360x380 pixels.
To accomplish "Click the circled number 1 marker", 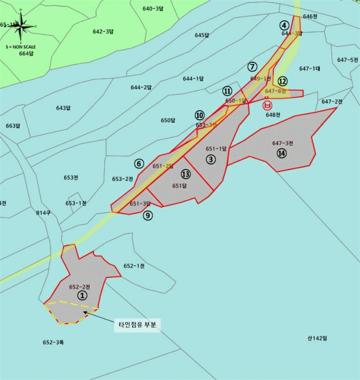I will coord(82,295).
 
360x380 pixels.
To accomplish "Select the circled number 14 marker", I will coord(281,154).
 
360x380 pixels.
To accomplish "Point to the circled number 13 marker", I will coord(186,174).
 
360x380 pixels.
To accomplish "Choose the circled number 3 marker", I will coord(211,159).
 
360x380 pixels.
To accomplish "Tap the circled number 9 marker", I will coord(148,216).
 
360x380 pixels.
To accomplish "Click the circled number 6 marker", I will coord(139,163).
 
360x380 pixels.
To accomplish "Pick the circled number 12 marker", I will coord(282,81).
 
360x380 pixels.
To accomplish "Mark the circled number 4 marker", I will coord(284,25).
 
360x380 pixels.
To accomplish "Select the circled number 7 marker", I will coord(252,67).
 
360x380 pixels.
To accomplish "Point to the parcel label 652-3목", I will coord(54,342).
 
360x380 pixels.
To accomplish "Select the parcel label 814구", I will coord(43,212).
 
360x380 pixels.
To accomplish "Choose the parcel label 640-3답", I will coord(153,8).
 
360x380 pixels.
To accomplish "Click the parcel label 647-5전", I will coord(348,60).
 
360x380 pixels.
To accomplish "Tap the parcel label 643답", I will coord(64,107).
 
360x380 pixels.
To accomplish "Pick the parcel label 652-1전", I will coord(134,265).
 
